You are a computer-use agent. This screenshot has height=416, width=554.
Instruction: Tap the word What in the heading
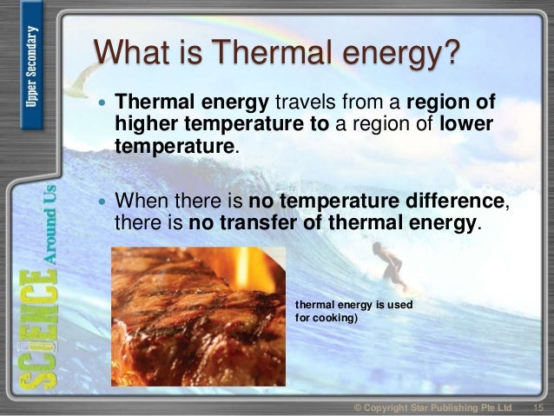[132, 54]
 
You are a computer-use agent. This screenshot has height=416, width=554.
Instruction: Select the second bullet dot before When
[102, 202]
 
